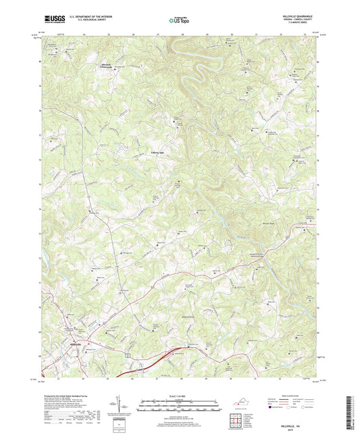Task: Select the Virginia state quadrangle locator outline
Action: pyautogui.click(x=242, y=403)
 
